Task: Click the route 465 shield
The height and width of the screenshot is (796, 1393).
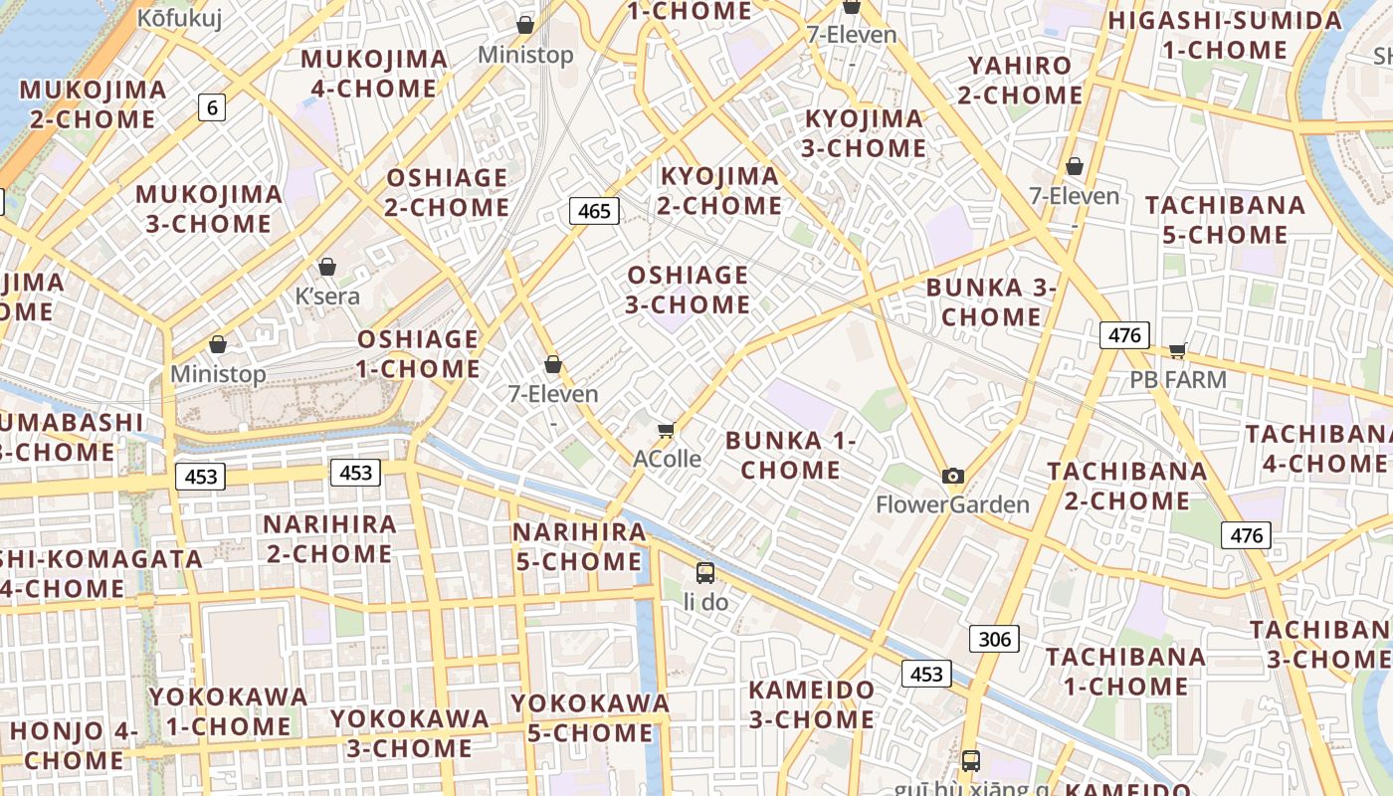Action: click(x=594, y=211)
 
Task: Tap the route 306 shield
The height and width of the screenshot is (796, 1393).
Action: click(x=994, y=639)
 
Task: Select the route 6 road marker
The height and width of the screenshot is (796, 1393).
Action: click(x=212, y=107)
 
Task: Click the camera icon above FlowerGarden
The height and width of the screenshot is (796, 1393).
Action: click(x=952, y=477)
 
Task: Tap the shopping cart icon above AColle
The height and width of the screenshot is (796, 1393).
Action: click(x=666, y=431)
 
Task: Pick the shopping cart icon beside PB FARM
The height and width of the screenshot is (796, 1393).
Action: click(x=1177, y=350)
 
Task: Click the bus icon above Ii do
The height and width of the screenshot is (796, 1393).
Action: click(x=705, y=573)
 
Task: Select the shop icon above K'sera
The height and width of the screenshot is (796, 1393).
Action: click(x=327, y=267)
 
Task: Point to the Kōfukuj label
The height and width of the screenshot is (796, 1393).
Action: click(x=179, y=18)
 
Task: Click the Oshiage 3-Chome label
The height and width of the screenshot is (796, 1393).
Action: click(x=688, y=290)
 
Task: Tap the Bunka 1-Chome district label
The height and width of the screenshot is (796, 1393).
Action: click(x=791, y=455)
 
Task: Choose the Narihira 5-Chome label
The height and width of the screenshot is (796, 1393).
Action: click(x=579, y=546)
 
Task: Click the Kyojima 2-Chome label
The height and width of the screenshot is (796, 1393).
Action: click(x=719, y=191)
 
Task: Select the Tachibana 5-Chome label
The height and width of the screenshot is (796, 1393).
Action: click(x=1225, y=220)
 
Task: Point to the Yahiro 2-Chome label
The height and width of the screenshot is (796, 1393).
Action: click(x=1020, y=81)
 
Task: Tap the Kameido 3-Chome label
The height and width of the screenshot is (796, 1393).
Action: click(x=811, y=703)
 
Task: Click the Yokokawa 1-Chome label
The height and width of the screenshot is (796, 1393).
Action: click(x=228, y=710)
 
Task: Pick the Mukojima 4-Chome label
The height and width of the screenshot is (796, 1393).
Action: click(x=374, y=74)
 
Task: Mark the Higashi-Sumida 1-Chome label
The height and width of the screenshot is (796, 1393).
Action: click(x=1225, y=35)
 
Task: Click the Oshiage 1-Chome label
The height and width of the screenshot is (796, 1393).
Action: click(x=418, y=354)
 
